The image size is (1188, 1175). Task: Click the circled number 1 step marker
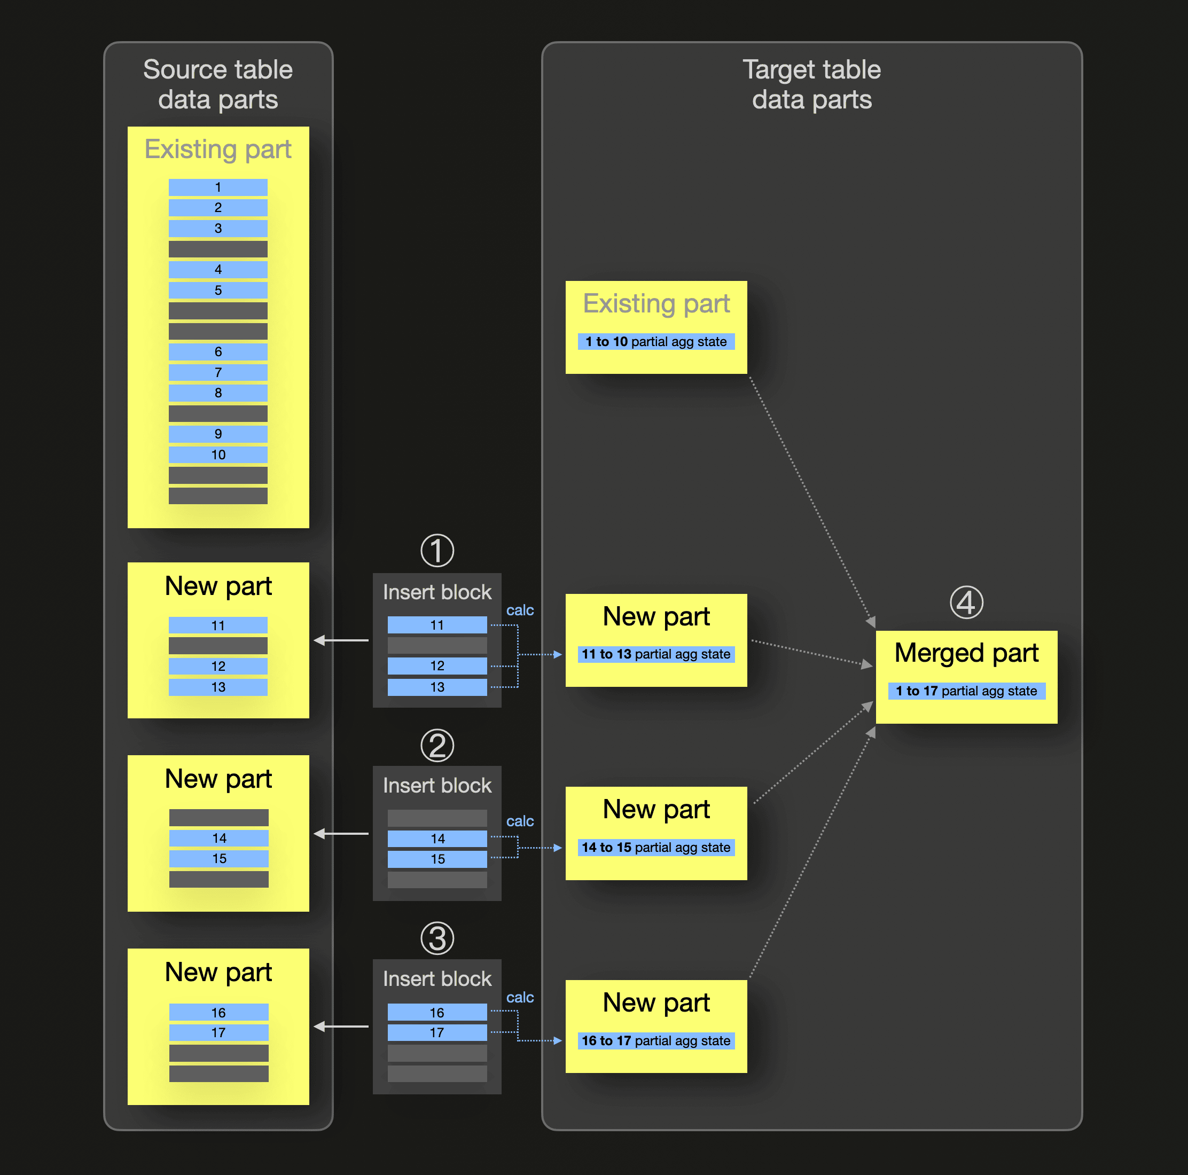click(437, 550)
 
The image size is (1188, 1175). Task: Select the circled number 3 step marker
click(437, 938)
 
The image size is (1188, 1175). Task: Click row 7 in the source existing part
click(218, 372)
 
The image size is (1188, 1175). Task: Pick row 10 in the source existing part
click(218, 455)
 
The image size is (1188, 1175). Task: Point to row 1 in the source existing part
click(218, 187)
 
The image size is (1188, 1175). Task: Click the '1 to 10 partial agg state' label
click(656, 341)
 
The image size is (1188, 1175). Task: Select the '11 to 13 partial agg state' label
click(656, 654)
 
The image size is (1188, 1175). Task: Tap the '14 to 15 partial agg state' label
click(656, 847)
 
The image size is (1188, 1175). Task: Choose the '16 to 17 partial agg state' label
click(656, 1040)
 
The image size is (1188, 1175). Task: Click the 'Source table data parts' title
click(218, 84)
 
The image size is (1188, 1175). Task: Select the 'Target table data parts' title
click(812, 84)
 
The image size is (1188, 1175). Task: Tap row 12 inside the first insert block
click(437, 665)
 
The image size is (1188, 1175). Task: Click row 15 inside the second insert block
click(437, 859)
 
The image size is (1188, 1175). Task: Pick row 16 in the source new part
click(218, 1012)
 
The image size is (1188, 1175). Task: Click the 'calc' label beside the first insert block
click(520, 610)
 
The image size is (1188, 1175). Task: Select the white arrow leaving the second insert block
click(341, 834)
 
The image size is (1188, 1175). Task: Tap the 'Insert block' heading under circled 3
click(437, 978)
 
